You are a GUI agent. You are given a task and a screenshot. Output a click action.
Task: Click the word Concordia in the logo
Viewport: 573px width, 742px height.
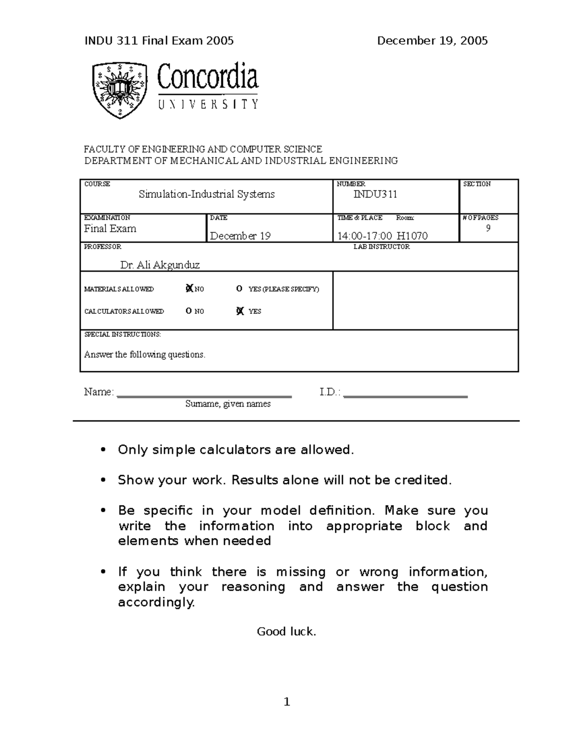(x=208, y=78)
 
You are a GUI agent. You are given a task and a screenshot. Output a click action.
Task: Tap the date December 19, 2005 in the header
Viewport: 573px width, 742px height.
(x=432, y=41)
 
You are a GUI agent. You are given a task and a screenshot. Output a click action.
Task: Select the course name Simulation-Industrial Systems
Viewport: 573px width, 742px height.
(x=206, y=194)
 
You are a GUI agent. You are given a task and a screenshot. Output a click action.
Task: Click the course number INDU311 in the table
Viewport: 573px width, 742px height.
(x=375, y=194)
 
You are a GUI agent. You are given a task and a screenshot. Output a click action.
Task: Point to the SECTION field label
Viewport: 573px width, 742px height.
(x=477, y=184)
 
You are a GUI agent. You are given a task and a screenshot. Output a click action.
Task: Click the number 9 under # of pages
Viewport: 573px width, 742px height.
(x=488, y=228)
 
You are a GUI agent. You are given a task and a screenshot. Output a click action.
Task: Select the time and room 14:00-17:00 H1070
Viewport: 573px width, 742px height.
(x=382, y=236)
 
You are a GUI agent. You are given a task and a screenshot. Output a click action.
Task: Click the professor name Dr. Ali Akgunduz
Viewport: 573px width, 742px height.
(x=160, y=265)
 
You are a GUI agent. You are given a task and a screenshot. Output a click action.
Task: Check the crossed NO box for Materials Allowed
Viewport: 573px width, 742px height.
(x=189, y=289)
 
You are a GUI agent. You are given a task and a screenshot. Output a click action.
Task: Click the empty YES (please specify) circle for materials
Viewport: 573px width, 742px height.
(x=239, y=289)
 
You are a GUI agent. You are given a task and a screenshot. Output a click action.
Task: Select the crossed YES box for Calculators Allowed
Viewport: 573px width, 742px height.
(x=240, y=311)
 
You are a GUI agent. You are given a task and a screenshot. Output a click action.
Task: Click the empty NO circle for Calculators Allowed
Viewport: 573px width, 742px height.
(x=189, y=311)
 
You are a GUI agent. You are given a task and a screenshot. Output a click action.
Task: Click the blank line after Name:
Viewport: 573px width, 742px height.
(x=204, y=395)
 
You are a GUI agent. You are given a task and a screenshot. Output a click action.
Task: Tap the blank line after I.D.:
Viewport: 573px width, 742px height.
(x=405, y=395)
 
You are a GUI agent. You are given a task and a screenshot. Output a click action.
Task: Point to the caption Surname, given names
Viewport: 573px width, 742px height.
(x=228, y=404)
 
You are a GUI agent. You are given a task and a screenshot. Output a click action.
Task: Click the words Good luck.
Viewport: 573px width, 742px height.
(x=286, y=632)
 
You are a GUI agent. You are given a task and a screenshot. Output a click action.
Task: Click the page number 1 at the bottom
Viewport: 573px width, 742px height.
(x=286, y=702)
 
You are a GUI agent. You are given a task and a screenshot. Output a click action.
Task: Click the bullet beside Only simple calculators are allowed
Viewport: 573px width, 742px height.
(x=102, y=450)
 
